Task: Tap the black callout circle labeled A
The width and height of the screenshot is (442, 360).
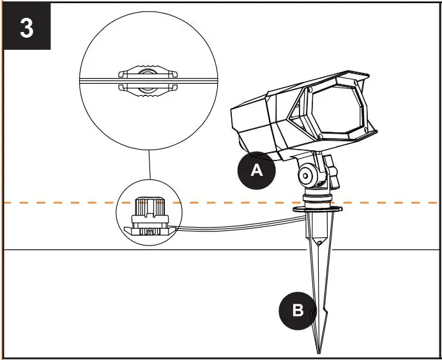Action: (x=256, y=171)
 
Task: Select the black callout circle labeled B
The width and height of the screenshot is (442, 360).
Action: (x=298, y=311)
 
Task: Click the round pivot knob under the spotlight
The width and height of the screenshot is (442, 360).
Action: (x=308, y=175)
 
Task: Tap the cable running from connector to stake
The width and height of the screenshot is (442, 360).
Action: (x=243, y=224)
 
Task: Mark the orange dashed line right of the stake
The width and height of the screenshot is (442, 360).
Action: (x=390, y=203)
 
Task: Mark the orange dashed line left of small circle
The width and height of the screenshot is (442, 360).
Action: (x=57, y=203)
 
